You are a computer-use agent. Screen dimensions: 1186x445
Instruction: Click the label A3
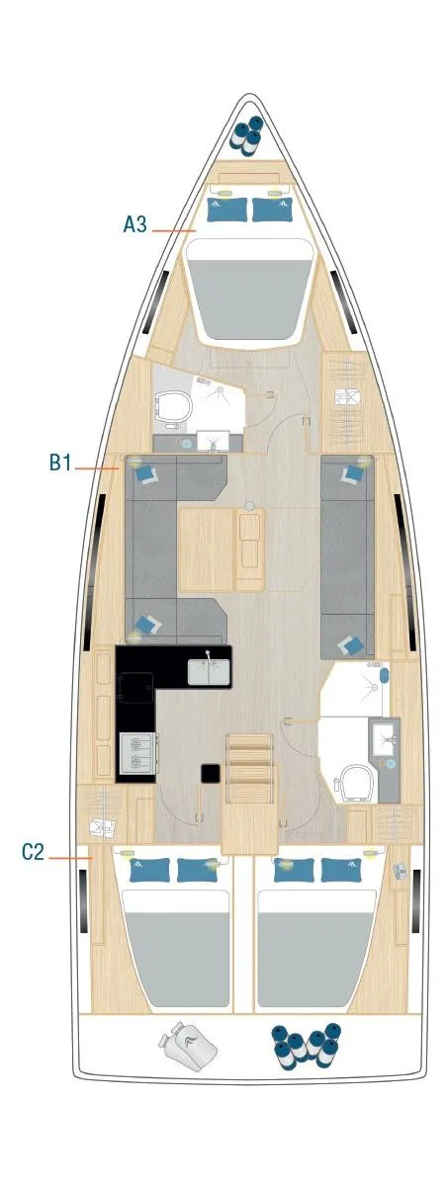pyautogui.click(x=134, y=224)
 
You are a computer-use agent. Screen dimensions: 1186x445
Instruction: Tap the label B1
pyautogui.click(x=61, y=462)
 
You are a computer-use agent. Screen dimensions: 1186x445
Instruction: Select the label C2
pyautogui.click(x=34, y=851)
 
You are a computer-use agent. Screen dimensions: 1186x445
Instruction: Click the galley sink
pyautogui.click(x=209, y=672)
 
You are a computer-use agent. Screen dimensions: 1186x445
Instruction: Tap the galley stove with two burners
pyautogui.click(x=135, y=753)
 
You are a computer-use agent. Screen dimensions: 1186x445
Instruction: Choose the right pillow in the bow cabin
pyautogui.click(x=271, y=210)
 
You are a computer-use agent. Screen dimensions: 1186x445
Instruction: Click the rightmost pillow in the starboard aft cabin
pyautogui.click(x=338, y=870)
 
